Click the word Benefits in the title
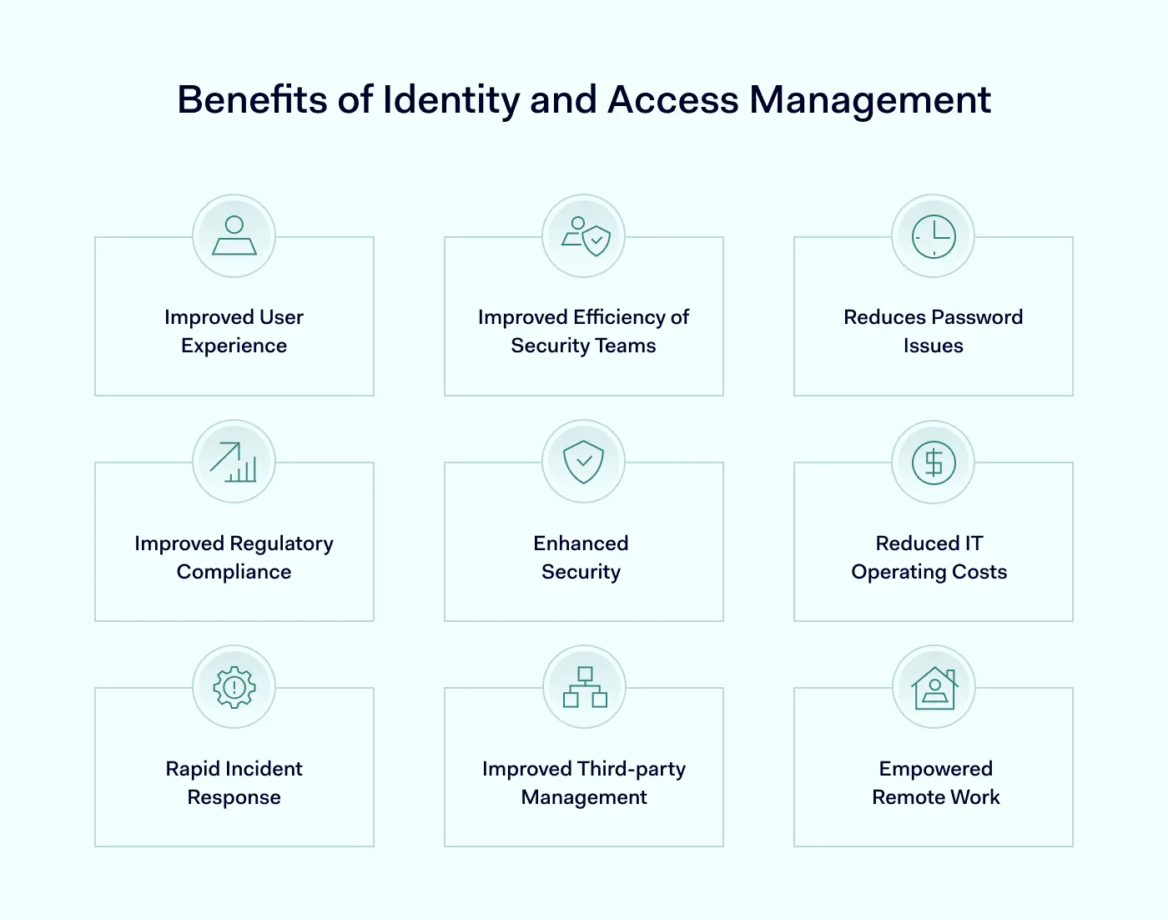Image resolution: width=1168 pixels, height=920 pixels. point(253,99)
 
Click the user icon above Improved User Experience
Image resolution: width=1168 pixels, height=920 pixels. point(234,235)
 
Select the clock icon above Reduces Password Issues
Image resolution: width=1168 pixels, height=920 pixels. point(934,236)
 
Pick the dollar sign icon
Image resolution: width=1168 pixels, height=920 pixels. point(934,463)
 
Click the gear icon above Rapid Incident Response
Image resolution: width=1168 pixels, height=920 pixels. point(234,687)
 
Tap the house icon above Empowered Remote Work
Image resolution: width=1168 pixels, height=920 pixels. point(934,688)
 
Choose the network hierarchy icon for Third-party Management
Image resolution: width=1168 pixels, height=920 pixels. point(585,687)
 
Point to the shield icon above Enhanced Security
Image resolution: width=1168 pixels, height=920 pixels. point(583,462)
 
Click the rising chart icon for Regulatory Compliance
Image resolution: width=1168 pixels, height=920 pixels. point(234,463)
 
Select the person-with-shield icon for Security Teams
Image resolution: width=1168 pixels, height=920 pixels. point(586,236)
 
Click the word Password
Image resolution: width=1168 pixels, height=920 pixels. point(976,317)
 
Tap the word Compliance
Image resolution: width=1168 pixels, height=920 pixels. point(234,573)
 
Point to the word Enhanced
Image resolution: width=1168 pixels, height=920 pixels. point(581,543)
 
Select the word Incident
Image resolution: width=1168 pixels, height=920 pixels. point(264,769)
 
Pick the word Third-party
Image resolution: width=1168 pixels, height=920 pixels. point(632,770)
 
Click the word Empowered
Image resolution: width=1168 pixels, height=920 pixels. point(936,770)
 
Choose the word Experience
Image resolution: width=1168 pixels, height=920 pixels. point(234,346)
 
